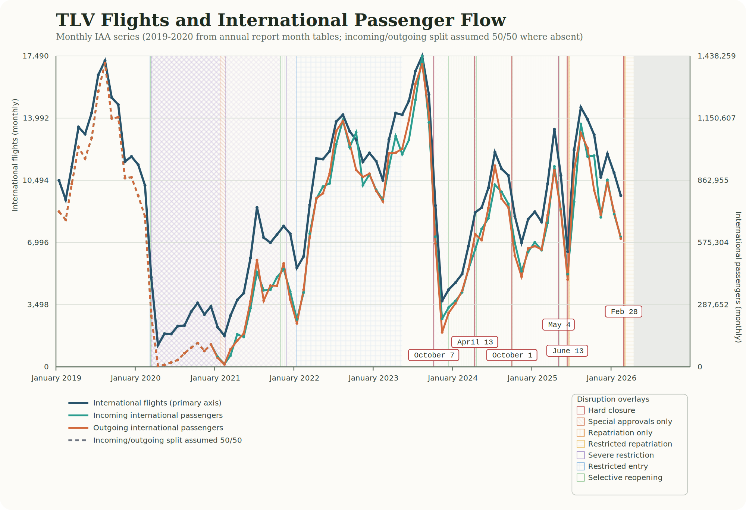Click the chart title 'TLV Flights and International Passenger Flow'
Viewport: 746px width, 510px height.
click(280, 20)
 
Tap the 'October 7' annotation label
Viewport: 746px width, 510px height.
click(433, 355)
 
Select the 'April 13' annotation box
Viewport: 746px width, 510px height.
click(474, 342)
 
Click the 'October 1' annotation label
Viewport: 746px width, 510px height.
click(512, 355)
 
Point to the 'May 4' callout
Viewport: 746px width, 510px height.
click(558, 325)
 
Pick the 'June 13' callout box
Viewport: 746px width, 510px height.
click(567, 351)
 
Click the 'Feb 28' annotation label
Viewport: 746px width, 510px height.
click(623, 312)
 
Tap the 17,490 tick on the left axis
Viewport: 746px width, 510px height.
click(36, 56)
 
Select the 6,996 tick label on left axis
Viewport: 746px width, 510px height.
click(38, 243)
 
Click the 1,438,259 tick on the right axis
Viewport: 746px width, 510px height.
click(716, 56)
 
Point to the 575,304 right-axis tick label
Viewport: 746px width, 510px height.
click(713, 243)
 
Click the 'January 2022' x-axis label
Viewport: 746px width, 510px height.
click(294, 378)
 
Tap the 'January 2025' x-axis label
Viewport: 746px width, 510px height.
click(532, 378)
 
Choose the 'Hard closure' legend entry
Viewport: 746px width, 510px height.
click(611, 410)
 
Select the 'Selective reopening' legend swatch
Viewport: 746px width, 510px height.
click(580, 478)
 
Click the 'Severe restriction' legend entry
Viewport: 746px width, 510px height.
click(621, 455)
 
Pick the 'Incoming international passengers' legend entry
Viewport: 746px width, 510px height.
click(157, 416)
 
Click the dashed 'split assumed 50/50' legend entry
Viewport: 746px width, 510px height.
click(167, 441)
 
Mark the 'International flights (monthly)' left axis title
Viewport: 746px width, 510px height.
click(15, 155)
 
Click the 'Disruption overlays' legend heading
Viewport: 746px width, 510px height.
click(613, 399)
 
